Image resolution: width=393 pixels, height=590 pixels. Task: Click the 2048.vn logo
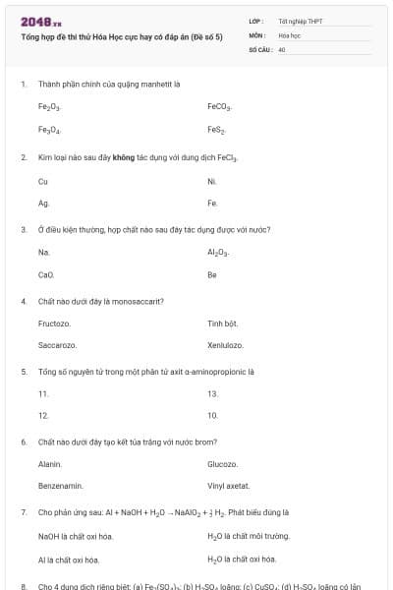tap(41, 21)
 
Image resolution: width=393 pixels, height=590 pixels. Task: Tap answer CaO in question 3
tap(46, 275)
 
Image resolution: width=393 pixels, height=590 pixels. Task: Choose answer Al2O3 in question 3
tap(218, 253)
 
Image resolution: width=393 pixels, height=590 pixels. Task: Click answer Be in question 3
tap(212, 275)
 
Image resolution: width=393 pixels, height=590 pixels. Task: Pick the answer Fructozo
tap(54, 324)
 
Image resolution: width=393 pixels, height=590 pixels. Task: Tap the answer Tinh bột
tap(223, 324)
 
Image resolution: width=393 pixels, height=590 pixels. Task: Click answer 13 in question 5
tap(212, 393)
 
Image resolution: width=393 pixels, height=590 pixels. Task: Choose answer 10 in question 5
tap(212, 416)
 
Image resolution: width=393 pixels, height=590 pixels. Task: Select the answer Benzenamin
tap(60, 486)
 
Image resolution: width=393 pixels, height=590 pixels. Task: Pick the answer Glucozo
tap(222, 463)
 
